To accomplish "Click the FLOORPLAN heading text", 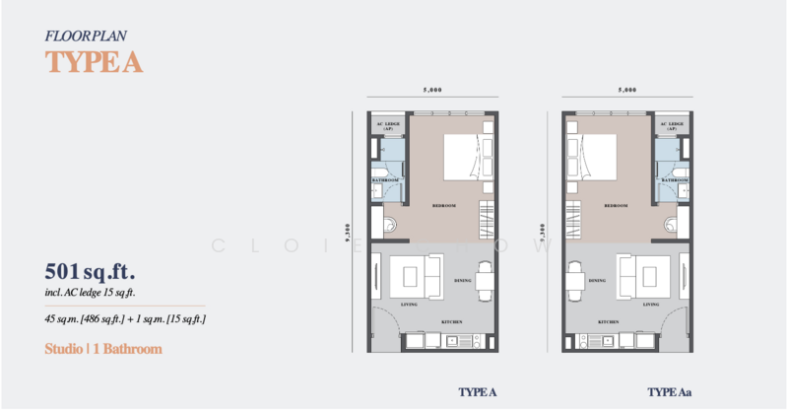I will (86, 35).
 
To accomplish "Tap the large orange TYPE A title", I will (95, 61).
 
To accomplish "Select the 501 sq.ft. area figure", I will (90, 271).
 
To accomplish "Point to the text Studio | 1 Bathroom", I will (103, 349).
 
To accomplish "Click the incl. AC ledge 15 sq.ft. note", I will (90, 293).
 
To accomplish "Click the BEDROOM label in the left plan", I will (443, 206).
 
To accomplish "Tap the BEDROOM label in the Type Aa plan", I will (617, 206).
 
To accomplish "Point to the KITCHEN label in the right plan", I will (608, 322).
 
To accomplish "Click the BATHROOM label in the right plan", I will (676, 181).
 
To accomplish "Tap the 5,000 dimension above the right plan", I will (627, 91).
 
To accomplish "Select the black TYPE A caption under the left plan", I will (477, 392).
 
